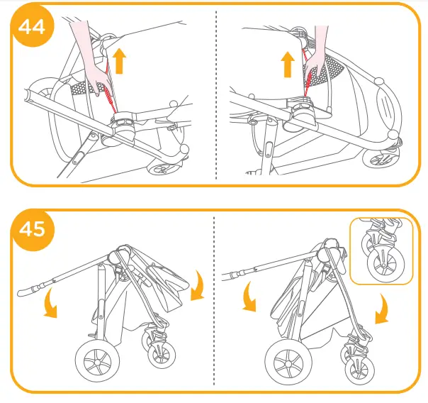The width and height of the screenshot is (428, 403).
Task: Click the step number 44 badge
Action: pos(31,27)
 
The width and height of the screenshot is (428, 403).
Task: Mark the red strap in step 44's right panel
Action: pos(310,78)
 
